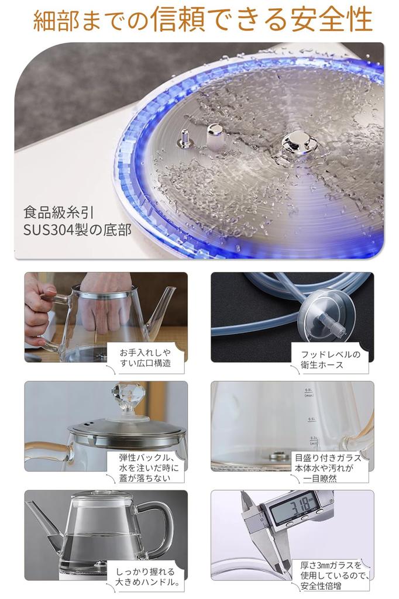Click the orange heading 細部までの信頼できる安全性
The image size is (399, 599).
pyautogui.click(x=202, y=19)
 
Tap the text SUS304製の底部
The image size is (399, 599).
pyautogui.click(x=77, y=230)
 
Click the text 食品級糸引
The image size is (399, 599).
pyautogui.click(x=59, y=212)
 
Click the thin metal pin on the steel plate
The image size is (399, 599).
pyautogui.click(x=185, y=137)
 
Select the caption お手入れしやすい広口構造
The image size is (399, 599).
pyautogui.click(x=145, y=358)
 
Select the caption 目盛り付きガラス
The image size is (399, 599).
pyautogui.click(x=328, y=467)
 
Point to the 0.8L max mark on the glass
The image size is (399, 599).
pyautogui.click(x=309, y=393)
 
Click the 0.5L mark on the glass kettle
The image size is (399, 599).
pyautogui.click(x=311, y=419)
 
